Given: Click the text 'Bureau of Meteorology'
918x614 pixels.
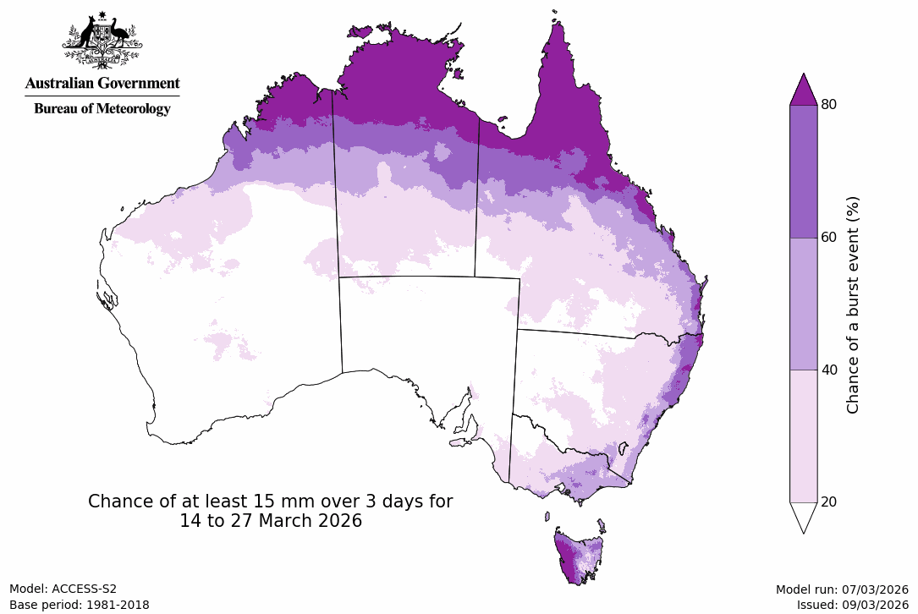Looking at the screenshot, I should pos(102,108).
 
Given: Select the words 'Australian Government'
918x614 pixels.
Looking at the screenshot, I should pos(102,83).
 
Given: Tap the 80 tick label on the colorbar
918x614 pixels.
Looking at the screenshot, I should pos(829,104).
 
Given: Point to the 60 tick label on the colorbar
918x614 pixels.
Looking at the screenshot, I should pos(829,237).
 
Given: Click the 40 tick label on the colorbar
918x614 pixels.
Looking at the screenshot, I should pos(829,370).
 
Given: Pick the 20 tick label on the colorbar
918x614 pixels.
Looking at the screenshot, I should pos(829,502).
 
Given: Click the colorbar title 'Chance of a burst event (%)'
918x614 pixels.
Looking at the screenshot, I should pos(853,304).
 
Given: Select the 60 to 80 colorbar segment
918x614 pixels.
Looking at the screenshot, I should pos(803,171).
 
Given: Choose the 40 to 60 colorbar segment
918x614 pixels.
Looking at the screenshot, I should pos(803,303).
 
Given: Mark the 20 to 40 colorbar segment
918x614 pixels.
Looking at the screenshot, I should pos(803,436).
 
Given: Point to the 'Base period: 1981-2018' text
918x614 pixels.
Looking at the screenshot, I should pos(80,605).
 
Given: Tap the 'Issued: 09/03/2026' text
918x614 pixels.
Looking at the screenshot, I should pos(852,605).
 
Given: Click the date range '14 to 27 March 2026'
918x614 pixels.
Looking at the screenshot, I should pos(271,522).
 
